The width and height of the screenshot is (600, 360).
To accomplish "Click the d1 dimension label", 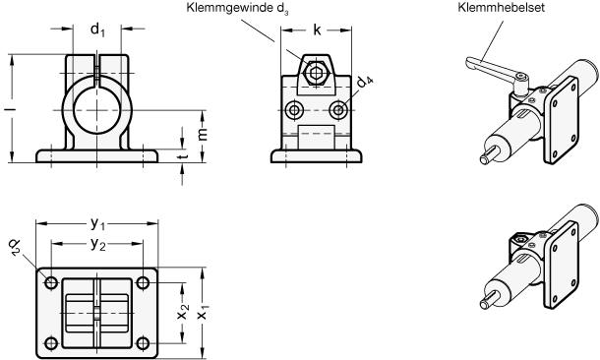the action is click(97, 30).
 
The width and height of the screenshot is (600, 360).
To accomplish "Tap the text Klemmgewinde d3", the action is click(238, 9).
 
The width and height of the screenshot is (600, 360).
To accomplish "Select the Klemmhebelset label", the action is click(501, 8).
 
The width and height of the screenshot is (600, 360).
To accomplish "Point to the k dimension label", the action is click(317, 30).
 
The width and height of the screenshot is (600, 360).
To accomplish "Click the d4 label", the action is click(365, 82).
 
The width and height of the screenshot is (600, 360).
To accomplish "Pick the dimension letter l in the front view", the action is click(13, 110).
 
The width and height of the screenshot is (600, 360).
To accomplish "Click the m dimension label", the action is click(203, 134).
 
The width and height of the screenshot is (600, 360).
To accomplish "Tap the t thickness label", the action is click(184, 156).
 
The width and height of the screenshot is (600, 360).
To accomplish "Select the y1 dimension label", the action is click(97, 224).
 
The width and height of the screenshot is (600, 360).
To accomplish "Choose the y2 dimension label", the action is click(98, 244).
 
